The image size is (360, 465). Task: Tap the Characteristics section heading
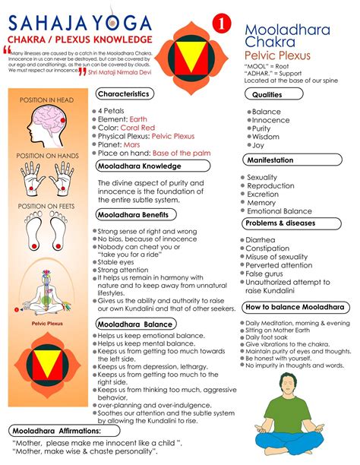[128, 93]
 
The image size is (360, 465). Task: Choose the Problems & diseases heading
[280, 223]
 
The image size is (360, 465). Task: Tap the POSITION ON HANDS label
[49, 156]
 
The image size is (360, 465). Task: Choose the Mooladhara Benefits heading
[135, 215]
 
